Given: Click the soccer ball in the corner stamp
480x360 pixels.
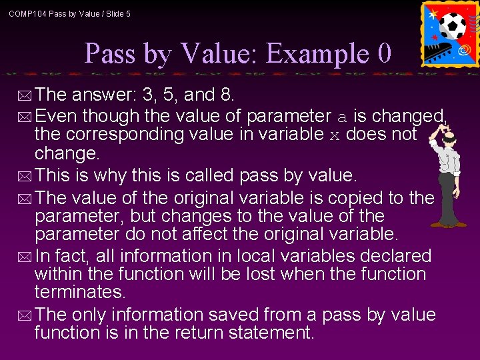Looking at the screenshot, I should pos(453,26).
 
